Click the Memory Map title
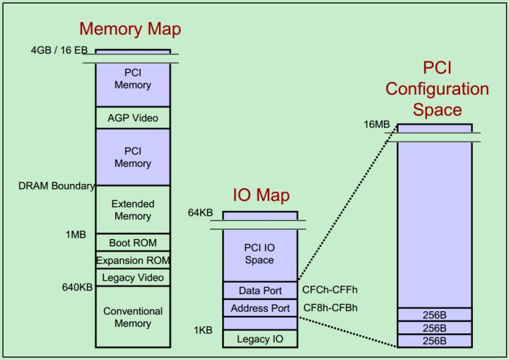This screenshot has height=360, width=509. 130,29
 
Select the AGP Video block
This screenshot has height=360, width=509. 133,118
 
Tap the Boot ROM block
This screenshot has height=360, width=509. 133,243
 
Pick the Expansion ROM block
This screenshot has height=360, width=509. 133,260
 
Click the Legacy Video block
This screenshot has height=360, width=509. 133,277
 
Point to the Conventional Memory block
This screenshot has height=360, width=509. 133,317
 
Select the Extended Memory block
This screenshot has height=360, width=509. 133,210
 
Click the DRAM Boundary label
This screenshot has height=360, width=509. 57,186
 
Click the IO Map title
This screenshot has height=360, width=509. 261,196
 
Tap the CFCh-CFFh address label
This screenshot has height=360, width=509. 330,290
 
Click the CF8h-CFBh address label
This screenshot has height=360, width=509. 330,308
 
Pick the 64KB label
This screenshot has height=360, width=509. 200,213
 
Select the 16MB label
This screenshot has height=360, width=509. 377,124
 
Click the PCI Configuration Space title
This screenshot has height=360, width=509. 436,89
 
